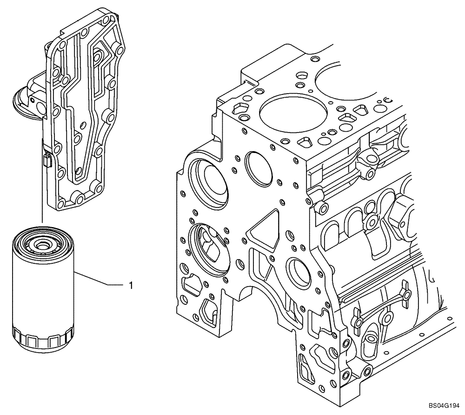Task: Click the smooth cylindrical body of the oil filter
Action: click(43, 293)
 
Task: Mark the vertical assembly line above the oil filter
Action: click(42, 195)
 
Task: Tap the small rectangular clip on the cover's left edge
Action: click(46, 161)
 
